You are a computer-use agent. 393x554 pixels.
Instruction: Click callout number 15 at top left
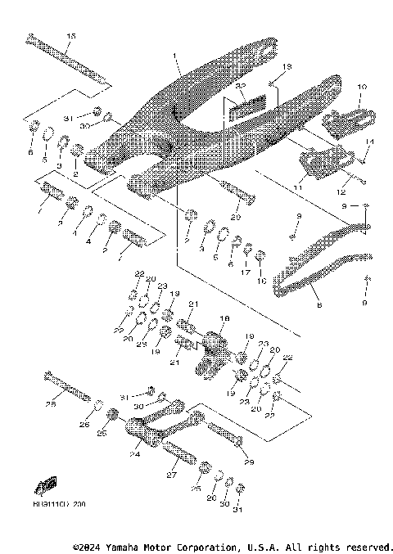[70, 37]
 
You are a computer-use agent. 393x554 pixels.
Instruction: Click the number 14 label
[369, 142]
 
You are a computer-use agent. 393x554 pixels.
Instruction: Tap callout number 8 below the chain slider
[318, 304]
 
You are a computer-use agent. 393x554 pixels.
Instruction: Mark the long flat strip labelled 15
[70, 61]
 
